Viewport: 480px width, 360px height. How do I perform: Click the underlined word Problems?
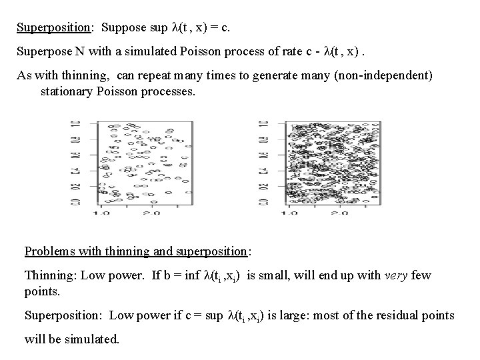pyautogui.click(x=50, y=251)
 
